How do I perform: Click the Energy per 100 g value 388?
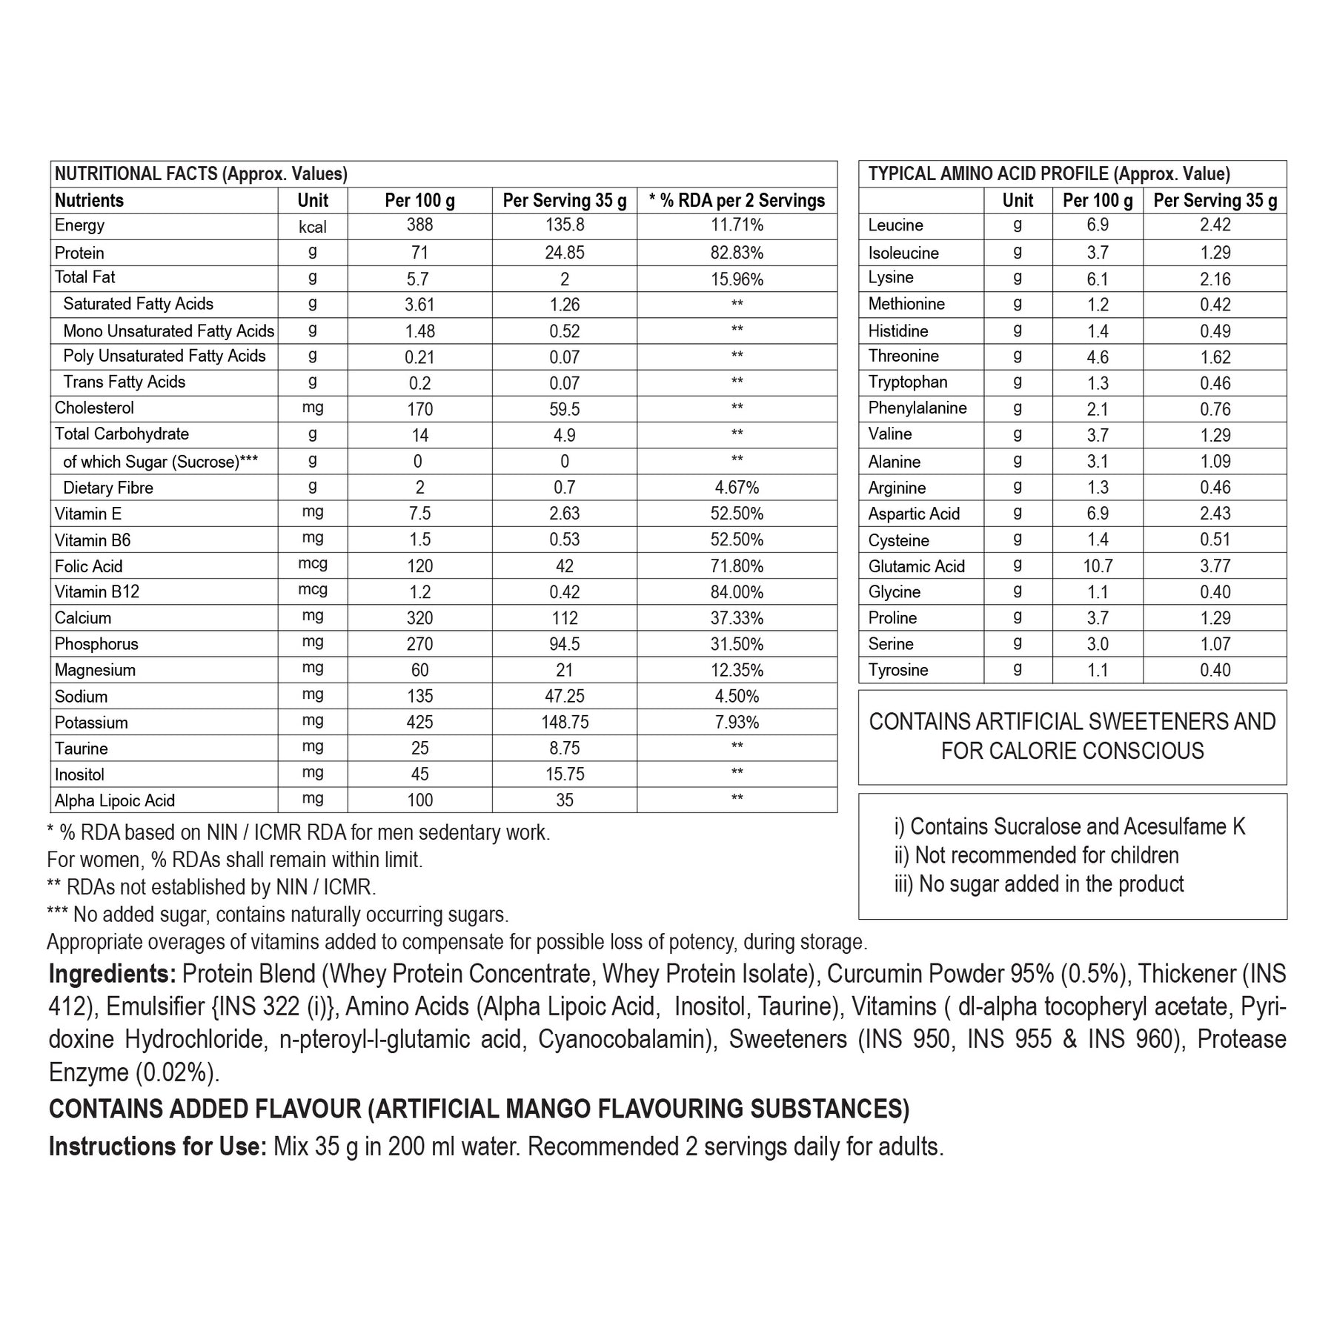419,226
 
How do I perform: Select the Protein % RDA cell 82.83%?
737,253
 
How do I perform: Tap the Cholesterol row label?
94,408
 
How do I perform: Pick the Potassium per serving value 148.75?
564,723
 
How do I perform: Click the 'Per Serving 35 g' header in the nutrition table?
564,201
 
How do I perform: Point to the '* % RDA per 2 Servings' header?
737,201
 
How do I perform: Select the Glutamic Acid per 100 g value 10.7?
1098,566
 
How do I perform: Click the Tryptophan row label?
907,382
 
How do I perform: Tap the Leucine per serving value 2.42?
1215,226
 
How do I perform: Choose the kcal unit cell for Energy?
312,227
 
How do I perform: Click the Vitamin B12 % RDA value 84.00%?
737,592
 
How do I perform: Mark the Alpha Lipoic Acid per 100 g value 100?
419,800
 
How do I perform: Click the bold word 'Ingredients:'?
112,974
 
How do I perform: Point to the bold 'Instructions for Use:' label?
157,1146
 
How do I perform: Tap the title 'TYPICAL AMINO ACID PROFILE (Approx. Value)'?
1049,174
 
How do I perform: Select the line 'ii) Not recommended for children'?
1036,855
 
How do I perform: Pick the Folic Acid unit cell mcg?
312,564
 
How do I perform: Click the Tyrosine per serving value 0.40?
1215,671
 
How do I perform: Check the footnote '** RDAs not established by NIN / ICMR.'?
211,887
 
